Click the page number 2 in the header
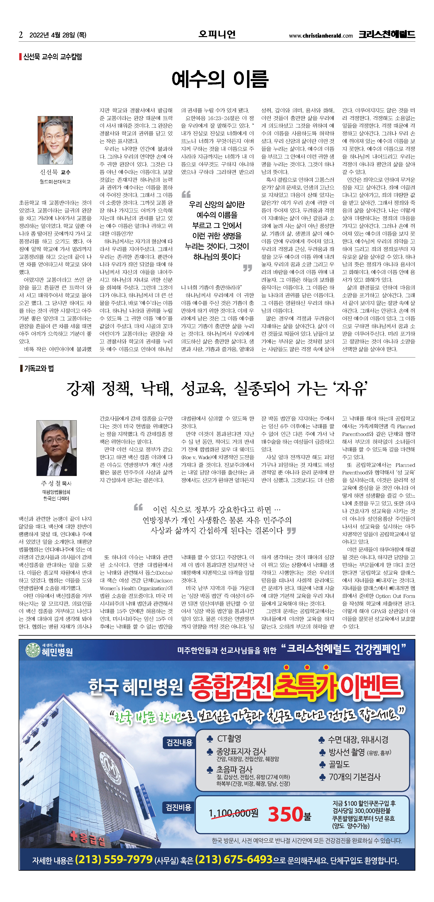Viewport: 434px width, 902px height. [21, 35]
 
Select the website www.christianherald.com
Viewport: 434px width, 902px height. [321, 35]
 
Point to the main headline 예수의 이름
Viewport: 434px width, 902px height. [220, 79]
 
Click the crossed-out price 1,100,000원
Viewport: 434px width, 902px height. [234, 813]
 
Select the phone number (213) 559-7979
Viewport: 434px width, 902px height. [114, 859]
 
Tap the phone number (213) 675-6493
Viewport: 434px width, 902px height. [234, 859]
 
